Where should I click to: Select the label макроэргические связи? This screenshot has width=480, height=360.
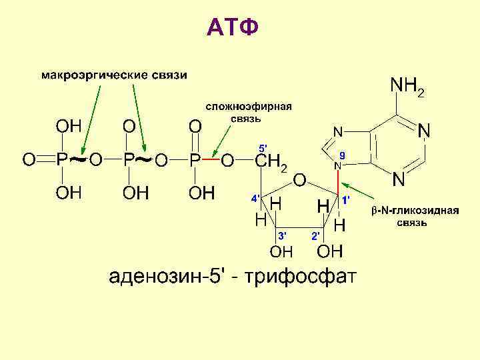[115, 74]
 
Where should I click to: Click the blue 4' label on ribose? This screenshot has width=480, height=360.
[255, 199]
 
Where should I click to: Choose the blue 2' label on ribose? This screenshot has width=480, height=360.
[317, 235]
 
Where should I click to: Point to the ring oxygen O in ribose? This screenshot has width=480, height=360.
[300, 180]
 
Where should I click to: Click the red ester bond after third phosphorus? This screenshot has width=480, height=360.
[211, 161]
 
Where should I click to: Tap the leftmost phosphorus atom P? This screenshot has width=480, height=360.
[61, 160]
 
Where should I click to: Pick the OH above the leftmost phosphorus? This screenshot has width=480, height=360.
[68, 126]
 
